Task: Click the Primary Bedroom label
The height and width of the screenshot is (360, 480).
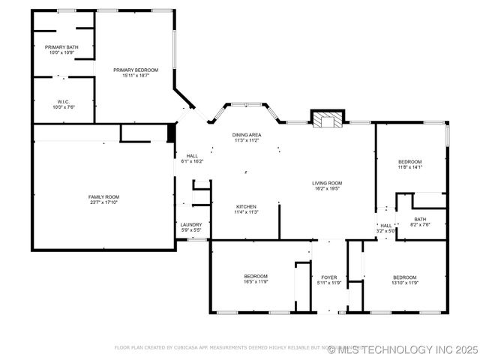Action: tap(136, 70)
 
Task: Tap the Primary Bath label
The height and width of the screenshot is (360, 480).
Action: tap(61, 47)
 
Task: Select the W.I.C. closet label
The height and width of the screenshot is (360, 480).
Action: tap(63, 101)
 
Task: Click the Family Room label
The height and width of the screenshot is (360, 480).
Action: tap(103, 196)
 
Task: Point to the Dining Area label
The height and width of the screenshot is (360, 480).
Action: tap(246, 134)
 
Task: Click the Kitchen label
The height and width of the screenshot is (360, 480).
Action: tap(247, 206)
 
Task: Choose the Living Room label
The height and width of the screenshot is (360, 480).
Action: tap(327, 183)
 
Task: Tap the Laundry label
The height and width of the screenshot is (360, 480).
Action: tap(190, 224)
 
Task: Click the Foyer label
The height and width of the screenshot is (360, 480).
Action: tap(328, 277)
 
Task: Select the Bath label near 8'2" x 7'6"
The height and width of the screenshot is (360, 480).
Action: tap(420, 219)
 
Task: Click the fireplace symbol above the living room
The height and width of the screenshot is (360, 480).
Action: tap(327, 119)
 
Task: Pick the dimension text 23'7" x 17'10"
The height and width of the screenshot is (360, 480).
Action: tap(103, 202)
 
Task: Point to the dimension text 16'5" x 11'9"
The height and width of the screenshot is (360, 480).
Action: tap(256, 282)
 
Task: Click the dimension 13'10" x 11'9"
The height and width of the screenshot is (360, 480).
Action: tap(405, 282)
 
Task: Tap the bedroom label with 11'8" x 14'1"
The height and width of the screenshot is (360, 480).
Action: tap(409, 162)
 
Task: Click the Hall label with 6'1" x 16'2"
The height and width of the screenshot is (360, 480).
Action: tap(192, 156)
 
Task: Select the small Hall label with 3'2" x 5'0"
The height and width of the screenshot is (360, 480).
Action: tap(385, 225)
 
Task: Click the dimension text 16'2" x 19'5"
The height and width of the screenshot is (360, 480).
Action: tap(327, 189)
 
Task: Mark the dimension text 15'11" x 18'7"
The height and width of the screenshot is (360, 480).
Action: tap(136, 76)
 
